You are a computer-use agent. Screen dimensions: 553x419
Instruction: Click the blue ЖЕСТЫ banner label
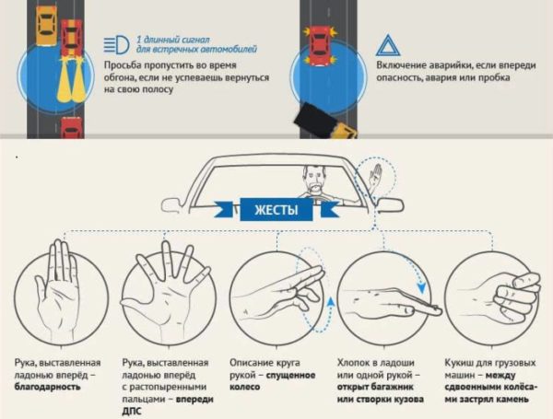[x=276, y=210]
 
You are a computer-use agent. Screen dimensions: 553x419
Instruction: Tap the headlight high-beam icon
[x=116, y=44]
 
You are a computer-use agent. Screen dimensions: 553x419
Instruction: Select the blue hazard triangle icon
[x=388, y=45]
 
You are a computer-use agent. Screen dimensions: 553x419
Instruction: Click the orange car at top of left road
[x=46, y=27]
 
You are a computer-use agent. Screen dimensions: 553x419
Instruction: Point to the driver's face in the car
[x=314, y=178]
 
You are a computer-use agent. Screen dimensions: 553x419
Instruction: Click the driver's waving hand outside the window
[x=376, y=175]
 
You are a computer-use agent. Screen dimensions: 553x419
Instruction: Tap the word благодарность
[x=47, y=387]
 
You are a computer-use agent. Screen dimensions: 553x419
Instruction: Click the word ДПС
[x=132, y=412]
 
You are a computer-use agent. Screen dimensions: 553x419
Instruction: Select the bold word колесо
[x=244, y=387]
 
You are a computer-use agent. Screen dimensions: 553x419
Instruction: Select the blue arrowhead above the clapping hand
[x=421, y=288]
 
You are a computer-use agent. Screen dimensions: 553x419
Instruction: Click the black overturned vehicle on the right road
[x=315, y=120]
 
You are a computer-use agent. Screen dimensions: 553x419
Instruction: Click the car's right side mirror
[x=390, y=205]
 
